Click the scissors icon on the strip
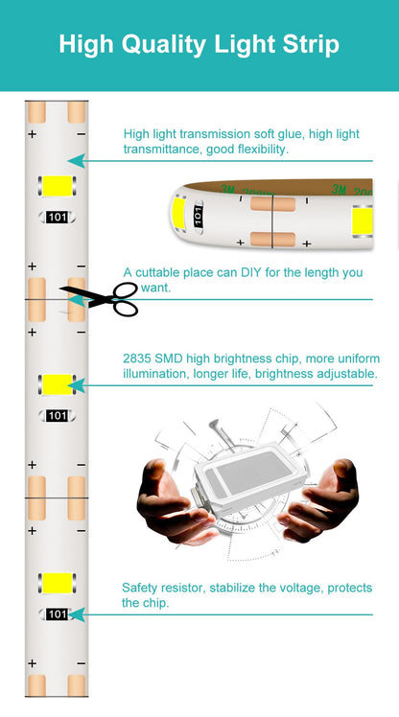click(x=102, y=298)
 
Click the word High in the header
click(x=83, y=44)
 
